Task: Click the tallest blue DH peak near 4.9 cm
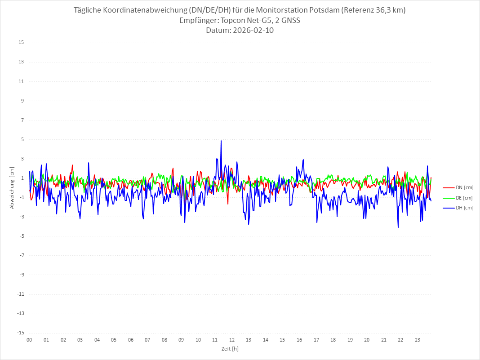tap(221, 141)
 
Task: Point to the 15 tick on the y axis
tap(21, 43)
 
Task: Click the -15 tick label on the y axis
tap(20, 333)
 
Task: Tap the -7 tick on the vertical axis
tap(21, 255)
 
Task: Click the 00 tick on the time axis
tap(29, 340)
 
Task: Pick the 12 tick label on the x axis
tap(232, 340)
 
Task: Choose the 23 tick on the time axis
tap(418, 340)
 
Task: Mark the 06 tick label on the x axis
tap(130, 340)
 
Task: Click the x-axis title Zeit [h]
tap(230, 348)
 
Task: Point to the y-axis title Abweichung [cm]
tap(12, 187)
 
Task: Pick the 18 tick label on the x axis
tap(333, 340)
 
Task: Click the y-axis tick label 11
tap(21, 81)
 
